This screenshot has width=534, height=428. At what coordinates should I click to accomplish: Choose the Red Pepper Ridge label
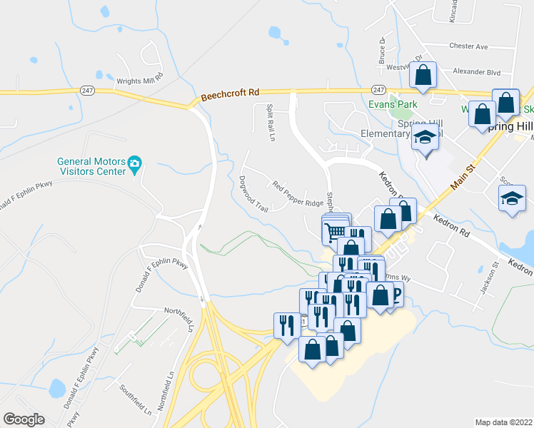coord(298,193)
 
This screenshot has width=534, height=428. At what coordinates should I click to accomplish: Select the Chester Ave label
coord(468,46)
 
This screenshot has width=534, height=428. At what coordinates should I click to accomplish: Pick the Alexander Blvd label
coord(478,72)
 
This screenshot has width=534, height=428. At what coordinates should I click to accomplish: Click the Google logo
coord(24,419)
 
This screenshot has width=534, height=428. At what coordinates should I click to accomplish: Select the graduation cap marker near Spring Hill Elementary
coord(425,138)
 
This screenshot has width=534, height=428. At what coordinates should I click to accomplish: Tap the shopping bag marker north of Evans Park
coord(423,74)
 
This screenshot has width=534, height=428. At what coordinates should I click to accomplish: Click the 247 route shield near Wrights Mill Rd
coord(87,90)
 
